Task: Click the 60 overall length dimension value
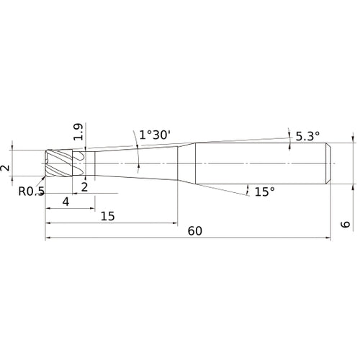coord(195,231)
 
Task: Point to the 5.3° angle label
coord(307,135)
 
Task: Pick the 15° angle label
coord(265,192)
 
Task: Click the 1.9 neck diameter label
coord(78,130)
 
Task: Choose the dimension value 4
coord(66,202)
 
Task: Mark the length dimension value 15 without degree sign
coord(108,216)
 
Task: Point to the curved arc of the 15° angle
coord(248,189)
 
